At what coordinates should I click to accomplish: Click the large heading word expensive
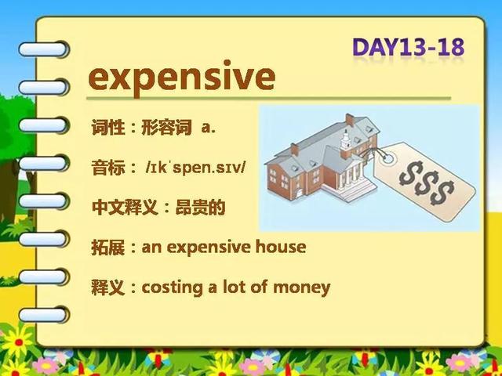pyautogui.click(x=181, y=78)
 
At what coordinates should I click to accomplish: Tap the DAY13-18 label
pyautogui.click(x=408, y=47)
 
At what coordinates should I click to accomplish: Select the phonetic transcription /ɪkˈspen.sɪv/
pyautogui.click(x=195, y=168)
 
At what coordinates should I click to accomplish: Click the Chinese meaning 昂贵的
pyautogui.click(x=201, y=207)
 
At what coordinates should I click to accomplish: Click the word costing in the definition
pyautogui.click(x=173, y=287)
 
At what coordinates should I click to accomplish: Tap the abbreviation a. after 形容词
pyautogui.click(x=209, y=128)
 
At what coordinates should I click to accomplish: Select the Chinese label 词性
pyautogui.click(x=108, y=127)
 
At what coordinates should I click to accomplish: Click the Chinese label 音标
pyautogui.click(x=108, y=167)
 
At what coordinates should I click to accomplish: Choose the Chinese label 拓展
pyautogui.click(x=108, y=247)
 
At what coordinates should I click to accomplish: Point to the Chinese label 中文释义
pyautogui.click(x=125, y=207)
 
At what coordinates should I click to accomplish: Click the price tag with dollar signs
pyautogui.click(x=424, y=182)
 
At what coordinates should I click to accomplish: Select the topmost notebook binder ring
pyautogui.click(x=44, y=49)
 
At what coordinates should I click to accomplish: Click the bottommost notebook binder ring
pyautogui.click(x=44, y=315)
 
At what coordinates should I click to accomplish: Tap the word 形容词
pyautogui.click(x=166, y=127)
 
